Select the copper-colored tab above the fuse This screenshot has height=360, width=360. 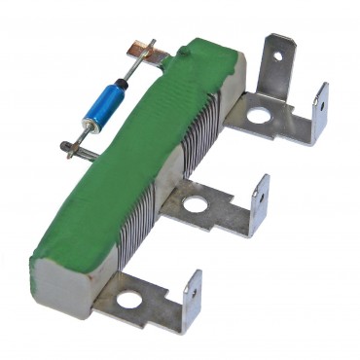pyautogui.click(x=143, y=47)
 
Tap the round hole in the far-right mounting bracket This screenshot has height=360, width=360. pyautogui.click(x=258, y=116)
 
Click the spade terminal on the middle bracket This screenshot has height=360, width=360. pyautogui.click(x=259, y=202)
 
